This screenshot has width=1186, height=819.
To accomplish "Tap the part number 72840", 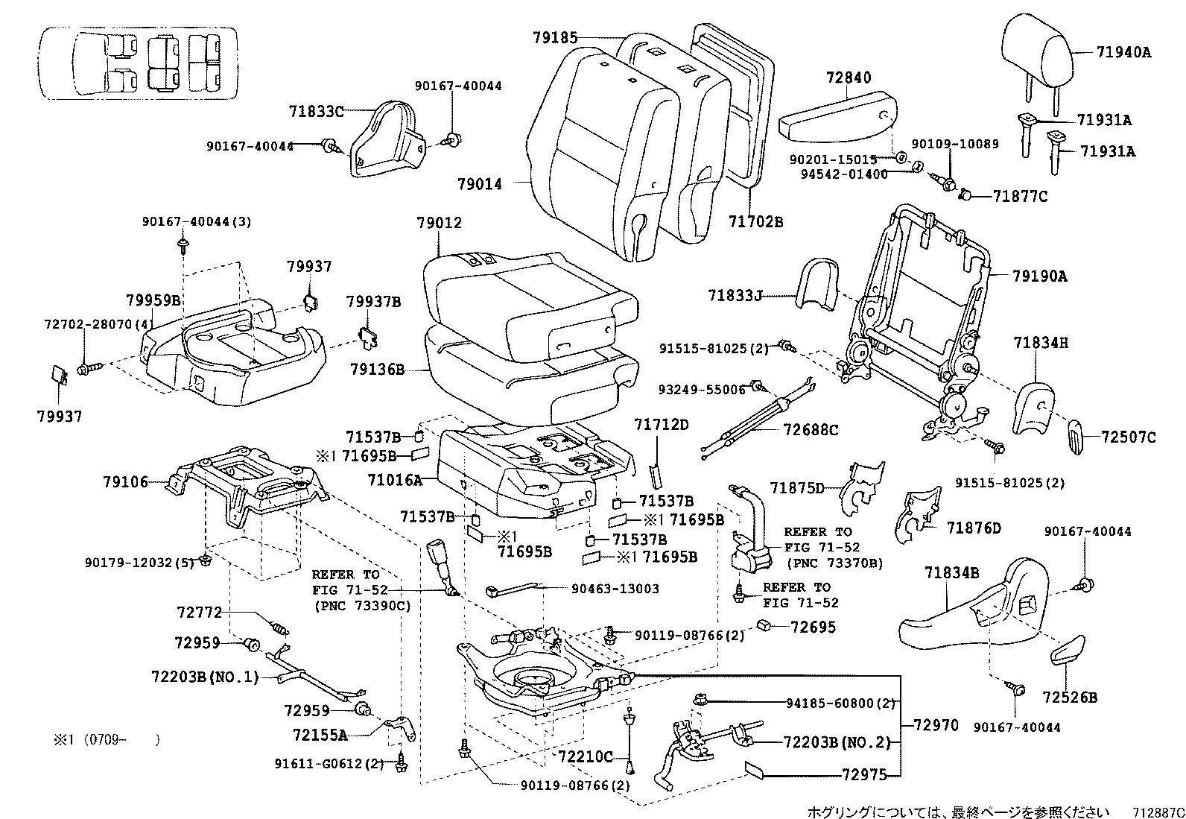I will (849, 78).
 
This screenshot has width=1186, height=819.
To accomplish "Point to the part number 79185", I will (555, 37).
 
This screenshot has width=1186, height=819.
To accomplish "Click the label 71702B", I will (755, 221).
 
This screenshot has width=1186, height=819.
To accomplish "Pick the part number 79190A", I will (1040, 276).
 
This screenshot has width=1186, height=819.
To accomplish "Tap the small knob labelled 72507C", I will (1076, 434).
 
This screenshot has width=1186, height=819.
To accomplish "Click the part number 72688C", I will (811, 430).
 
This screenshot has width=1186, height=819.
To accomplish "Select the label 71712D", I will (662, 425).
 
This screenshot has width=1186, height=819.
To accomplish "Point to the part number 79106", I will (126, 482).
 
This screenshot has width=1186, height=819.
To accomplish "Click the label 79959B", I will (153, 300).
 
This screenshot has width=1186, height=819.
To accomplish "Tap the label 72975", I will (864, 774).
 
